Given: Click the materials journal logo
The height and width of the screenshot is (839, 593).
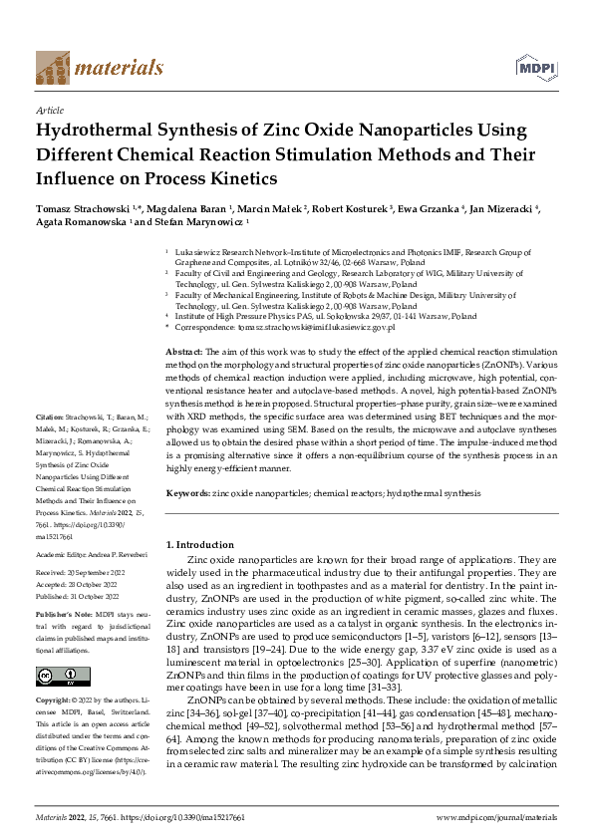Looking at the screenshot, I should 99,68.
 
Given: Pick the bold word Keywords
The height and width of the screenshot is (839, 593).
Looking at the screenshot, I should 187,493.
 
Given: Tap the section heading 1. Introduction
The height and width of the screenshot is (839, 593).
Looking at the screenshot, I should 199,545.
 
